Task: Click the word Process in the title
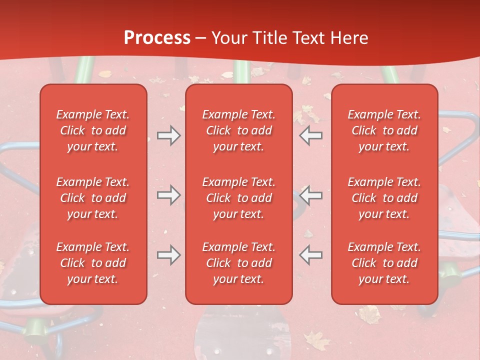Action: click(157, 37)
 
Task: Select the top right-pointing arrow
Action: click(169, 135)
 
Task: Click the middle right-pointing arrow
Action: click(169, 195)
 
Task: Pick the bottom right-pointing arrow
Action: click(169, 255)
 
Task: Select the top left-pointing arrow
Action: click(311, 135)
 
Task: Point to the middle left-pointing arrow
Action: click(311, 195)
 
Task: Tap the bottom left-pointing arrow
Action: click(311, 255)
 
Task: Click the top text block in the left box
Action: click(93, 130)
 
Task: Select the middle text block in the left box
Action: click(93, 198)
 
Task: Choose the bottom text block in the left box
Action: click(93, 263)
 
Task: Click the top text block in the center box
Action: click(239, 130)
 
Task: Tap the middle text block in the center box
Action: click(239, 198)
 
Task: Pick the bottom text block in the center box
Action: click(239, 263)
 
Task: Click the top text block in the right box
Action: click(384, 130)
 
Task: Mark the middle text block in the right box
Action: click(384, 198)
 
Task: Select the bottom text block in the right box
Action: click(384, 263)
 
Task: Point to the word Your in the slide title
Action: click(229, 37)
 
